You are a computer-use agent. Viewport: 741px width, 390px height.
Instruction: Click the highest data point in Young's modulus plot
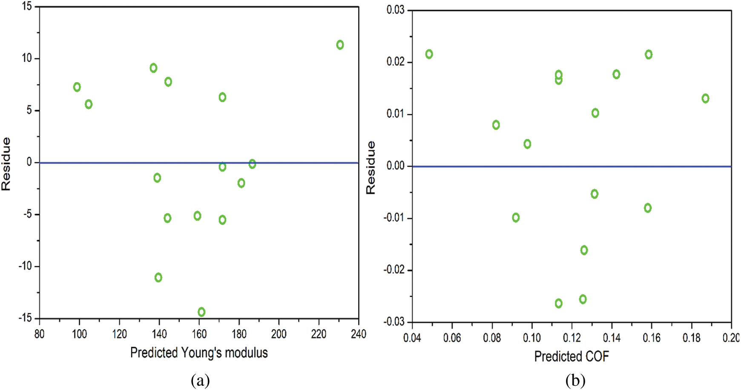[340, 45]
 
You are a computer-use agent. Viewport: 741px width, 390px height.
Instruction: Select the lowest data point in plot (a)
[201, 312]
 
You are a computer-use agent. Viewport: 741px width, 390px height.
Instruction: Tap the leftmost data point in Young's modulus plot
[77, 87]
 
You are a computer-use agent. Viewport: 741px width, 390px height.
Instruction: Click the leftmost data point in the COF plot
[429, 54]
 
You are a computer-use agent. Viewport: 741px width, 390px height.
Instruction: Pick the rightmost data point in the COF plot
[705, 98]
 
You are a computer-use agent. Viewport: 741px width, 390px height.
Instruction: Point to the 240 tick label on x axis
[359, 334]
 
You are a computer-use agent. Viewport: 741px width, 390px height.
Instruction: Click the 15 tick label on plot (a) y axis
[27, 6]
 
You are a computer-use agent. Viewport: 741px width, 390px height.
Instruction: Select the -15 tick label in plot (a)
[25, 318]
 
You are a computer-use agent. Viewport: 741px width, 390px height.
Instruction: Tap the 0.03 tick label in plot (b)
[395, 10]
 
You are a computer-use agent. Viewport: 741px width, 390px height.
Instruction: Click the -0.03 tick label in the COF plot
[393, 322]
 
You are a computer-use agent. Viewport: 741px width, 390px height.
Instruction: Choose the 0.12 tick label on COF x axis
[572, 338]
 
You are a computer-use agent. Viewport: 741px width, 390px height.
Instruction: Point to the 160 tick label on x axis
[199, 334]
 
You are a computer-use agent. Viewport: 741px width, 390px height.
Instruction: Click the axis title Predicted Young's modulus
[199, 353]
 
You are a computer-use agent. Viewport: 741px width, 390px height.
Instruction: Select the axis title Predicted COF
[572, 356]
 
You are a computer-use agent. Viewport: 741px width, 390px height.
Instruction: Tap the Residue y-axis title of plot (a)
[6, 164]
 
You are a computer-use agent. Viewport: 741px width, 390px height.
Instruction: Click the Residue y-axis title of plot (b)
[371, 168]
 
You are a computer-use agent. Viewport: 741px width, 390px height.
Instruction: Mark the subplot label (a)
[200, 380]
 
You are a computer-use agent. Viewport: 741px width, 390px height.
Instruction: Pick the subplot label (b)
[575, 380]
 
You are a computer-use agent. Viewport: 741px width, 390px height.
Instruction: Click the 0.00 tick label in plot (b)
[396, 166]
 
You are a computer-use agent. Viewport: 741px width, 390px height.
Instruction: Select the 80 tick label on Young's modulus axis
[39, 334]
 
